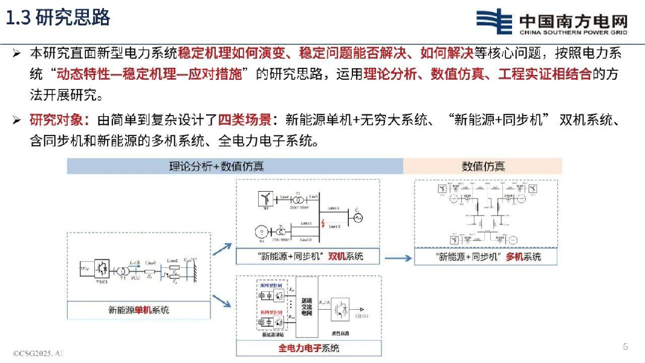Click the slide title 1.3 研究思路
pyautogui.click(x=58, y=18)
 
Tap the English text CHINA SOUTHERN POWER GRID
pyautogui.click(x=573, y=33)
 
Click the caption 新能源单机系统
pyautogui.click(x=138, y=310)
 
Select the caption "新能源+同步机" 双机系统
pyautogui.click(x=308, y=256)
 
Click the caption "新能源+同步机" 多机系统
pyautogui.click(x=488, y=257)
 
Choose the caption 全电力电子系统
pyautogui.click(x=308, y=348)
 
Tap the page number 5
pyautogui.click(x=626, y=347)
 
